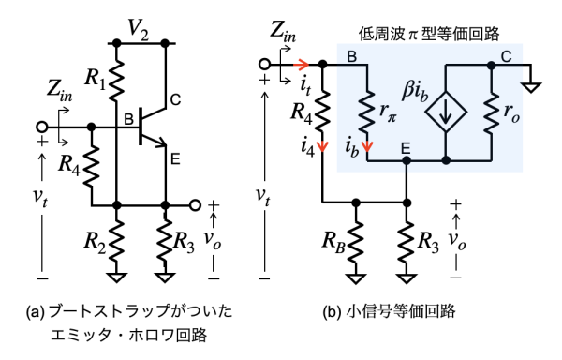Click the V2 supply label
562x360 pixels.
coord(139,30)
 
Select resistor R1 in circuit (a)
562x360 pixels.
coord(116,81)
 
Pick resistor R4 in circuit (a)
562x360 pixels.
coord(92,165)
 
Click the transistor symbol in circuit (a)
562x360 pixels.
coord(154,127)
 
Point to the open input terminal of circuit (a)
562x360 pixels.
coord(42,127)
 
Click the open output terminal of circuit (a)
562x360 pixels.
coord(196,205)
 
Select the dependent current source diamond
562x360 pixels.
coord(446,112)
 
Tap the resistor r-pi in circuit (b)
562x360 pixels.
coord(367,112)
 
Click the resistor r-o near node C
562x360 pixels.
coord(492,112)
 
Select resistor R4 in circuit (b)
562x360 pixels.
coord(322,111)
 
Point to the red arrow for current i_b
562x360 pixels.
coord(367,146)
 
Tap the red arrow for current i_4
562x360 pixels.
coord(323,146)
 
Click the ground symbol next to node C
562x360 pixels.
coord(531,87)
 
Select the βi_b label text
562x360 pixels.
coord(415,92)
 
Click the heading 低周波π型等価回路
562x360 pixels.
coord(429,35)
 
